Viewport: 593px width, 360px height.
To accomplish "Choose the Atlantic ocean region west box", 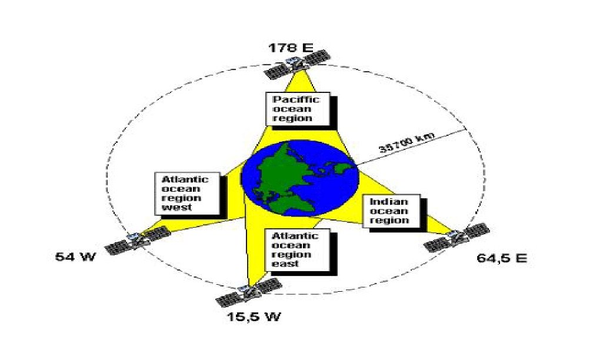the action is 188,192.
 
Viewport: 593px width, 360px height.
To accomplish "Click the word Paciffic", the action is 296,99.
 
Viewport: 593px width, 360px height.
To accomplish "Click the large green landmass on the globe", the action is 279,176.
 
